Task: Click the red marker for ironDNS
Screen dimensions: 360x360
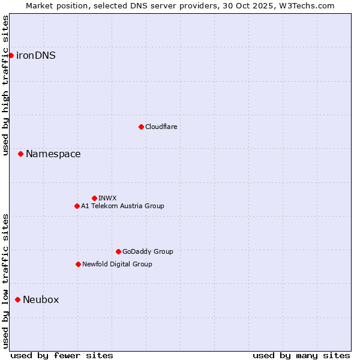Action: [11, 55]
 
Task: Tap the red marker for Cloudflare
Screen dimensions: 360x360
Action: [141, 127]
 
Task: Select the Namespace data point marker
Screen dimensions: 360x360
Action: [20, 154]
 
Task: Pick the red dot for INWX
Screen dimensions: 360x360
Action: [94, 198]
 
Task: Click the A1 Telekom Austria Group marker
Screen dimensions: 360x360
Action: [77, 206]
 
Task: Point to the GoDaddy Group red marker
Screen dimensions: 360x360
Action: [118, 251]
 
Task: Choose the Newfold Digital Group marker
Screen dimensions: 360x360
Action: [78, 264]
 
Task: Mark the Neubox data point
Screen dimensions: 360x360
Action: [17, 299]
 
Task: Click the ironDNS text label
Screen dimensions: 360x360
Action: [36, 56]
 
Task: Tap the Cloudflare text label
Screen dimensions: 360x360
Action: [161, 127]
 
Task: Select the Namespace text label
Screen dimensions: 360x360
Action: [53, 154]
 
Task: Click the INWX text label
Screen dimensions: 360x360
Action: [107, 198]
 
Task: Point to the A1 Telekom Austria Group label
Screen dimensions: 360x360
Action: [122, 206]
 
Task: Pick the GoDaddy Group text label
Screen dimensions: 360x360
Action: [148, 251]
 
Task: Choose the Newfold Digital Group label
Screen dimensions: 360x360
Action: [117, 264]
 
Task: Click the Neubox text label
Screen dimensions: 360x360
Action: [41, 300]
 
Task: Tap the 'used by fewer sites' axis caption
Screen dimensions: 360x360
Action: [62, 355]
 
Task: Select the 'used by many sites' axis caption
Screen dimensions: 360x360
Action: [301, 355]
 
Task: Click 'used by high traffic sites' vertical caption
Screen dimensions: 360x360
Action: [5, 86]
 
